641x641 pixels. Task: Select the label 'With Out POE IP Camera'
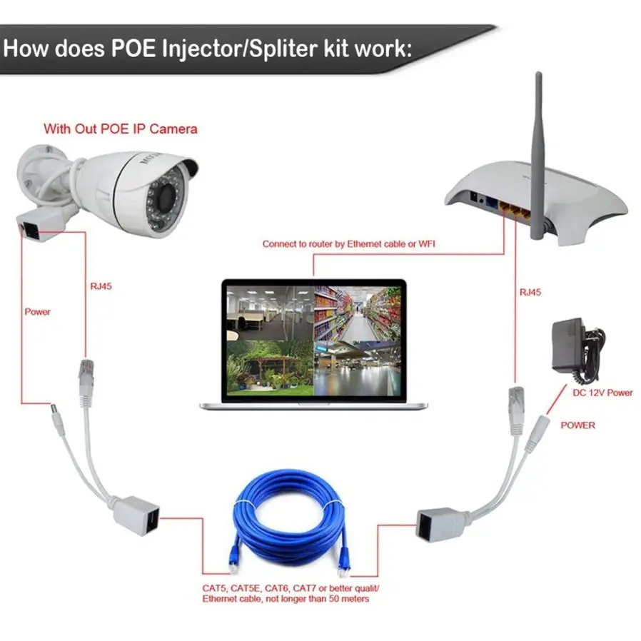point(121,129)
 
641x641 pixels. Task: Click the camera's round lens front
point(165,192)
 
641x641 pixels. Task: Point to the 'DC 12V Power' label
point(603,393)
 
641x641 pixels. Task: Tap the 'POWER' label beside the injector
point(577,425)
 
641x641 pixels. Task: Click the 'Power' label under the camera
point(38,312)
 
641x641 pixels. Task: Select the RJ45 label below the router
point(530,292)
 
